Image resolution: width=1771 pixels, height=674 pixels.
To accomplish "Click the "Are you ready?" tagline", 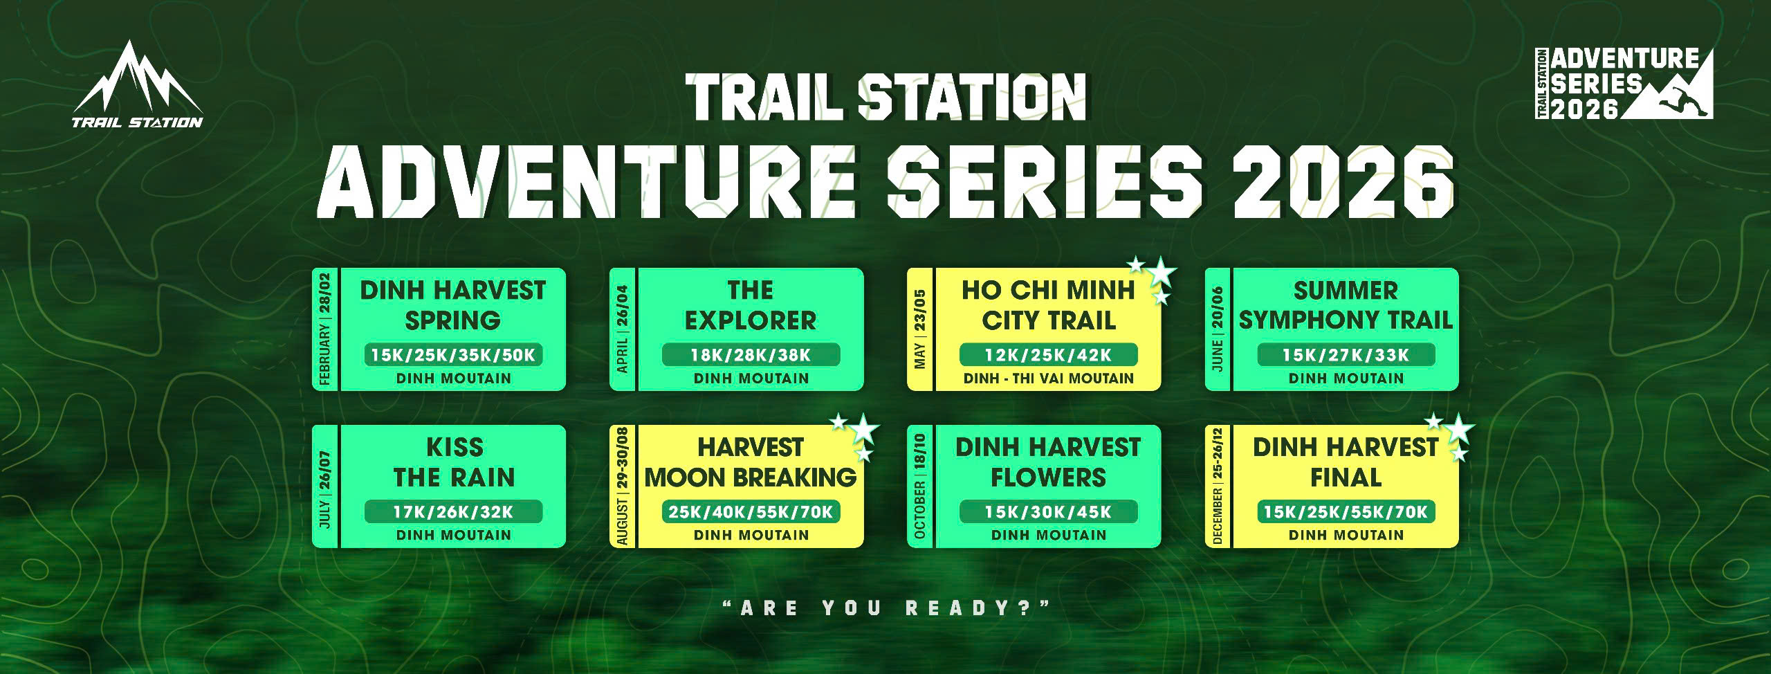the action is tap(885, 609).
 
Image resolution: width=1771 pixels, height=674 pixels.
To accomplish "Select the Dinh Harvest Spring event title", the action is tap(453, 305).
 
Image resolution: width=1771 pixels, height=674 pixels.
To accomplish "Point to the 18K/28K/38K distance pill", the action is tap(751, 355).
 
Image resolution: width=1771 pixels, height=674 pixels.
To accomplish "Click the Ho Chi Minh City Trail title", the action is tap(1048, 305).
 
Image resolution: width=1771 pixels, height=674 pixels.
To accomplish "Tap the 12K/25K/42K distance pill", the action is tap(1048, 355).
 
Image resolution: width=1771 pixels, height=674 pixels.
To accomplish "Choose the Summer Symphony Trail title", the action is tap(1346, 305).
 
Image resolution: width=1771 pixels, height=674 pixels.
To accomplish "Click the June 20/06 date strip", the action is tap(1218, 329).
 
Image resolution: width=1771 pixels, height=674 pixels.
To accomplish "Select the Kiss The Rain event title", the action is tap(454, 462).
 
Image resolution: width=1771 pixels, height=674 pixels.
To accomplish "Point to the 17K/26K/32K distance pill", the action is tap(453, 512).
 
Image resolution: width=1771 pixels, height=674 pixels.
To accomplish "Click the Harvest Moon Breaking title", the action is tap(751, 462).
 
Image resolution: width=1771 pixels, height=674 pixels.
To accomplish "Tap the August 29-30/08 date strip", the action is tap(623, 486).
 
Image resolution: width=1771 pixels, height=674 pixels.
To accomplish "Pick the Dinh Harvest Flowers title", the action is tap(1048, 462).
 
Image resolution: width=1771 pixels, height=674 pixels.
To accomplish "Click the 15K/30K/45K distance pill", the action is tap(1048, 512).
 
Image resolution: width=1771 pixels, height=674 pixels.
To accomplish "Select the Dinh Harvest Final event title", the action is tap(1346, 462).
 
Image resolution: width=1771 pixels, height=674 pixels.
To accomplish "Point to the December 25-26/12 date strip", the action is tap(1218, 486).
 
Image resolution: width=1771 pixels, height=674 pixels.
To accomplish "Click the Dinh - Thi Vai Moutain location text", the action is tap(1048, 379).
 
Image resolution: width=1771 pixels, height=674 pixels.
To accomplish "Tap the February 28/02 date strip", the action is tap(325, 329).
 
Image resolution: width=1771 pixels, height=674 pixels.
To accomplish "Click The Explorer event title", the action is tap(751, 305).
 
